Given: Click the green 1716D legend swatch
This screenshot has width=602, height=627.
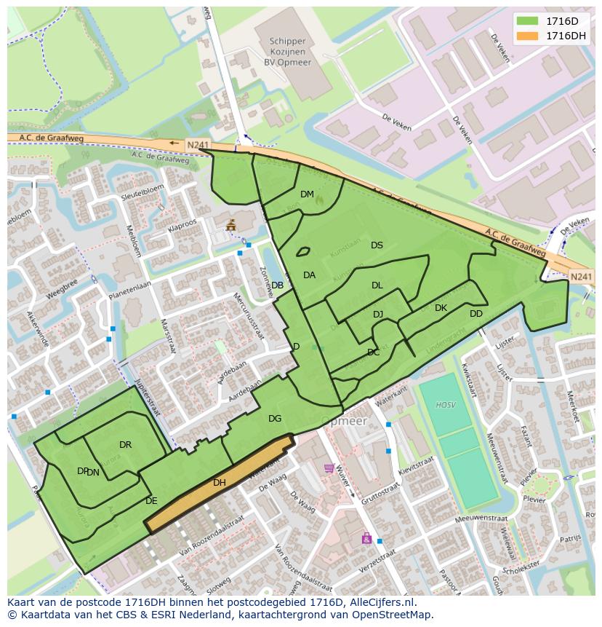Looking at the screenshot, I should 529,21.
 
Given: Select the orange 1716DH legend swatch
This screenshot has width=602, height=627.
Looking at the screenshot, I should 529,36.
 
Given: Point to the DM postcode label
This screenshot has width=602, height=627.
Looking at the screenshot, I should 307,194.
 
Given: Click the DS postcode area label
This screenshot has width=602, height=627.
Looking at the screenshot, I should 377,245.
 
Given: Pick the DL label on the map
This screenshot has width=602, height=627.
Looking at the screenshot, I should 377,285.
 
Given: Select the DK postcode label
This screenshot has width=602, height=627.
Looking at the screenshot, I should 441,308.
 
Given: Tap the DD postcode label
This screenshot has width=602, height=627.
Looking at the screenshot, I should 475,314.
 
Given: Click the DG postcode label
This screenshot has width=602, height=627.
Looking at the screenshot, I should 275,419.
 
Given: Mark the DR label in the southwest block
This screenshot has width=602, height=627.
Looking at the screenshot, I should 125,445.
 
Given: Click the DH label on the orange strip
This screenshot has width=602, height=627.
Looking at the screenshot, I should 220,483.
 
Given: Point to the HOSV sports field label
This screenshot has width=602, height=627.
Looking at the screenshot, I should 445,405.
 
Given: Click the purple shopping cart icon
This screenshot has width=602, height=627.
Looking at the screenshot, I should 329,468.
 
